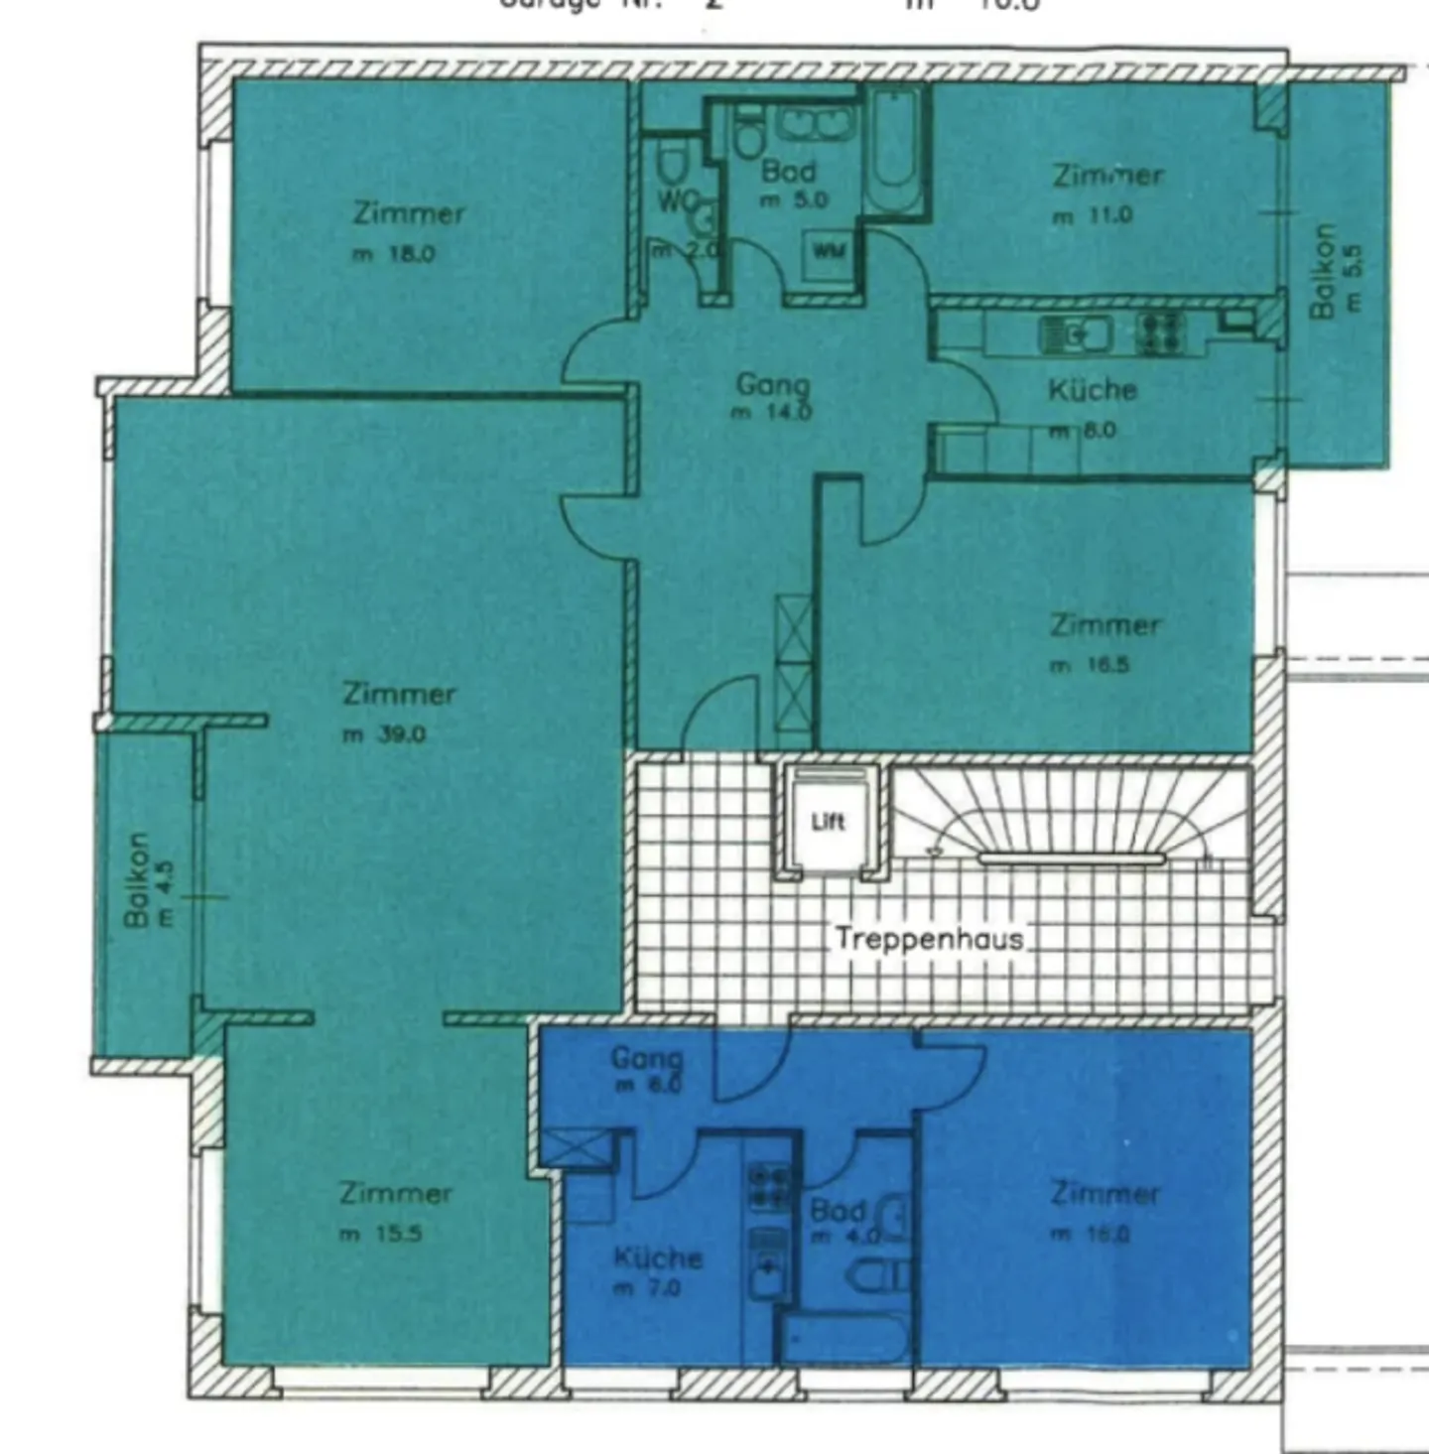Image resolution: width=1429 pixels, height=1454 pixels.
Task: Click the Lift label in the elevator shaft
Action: point(828,821)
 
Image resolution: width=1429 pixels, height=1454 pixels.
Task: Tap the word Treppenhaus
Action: point(929,938)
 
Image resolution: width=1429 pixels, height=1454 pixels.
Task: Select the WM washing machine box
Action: point(829,251)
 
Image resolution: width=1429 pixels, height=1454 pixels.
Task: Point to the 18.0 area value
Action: point(410,254)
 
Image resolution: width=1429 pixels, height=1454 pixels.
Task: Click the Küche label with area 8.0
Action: point(1092,390)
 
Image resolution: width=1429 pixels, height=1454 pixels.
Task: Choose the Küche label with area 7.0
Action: point(658,1258)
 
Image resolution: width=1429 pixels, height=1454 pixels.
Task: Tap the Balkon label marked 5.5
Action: point(1323,271)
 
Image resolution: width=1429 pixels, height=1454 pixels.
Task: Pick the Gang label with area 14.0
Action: point(772,384)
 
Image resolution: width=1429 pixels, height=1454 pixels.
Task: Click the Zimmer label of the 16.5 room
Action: point(1104,625)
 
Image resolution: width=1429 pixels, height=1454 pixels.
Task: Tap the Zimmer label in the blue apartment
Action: point(1104,1193)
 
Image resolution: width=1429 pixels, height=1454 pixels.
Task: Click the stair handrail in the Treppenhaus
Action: point(1072,858)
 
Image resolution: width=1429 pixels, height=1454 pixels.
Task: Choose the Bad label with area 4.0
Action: point(837,1211)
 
